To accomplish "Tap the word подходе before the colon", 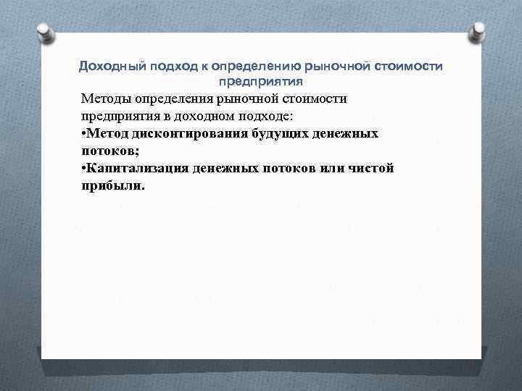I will coord(265,116).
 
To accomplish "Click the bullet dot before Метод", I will coord(85,134).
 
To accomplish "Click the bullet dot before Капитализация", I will coord(85,169).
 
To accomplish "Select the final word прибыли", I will coord(112,186).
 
